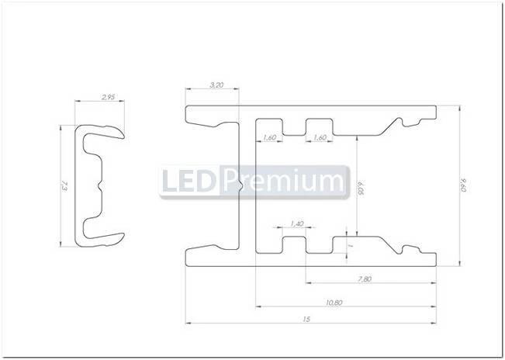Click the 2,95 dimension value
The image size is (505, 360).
[107, 98]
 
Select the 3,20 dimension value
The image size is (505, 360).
[212, 84]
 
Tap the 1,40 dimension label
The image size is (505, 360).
[296, 223]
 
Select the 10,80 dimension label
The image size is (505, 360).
[335, 301]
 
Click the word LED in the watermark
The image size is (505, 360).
[189, 182]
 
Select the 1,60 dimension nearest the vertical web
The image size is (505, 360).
[269, 137]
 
